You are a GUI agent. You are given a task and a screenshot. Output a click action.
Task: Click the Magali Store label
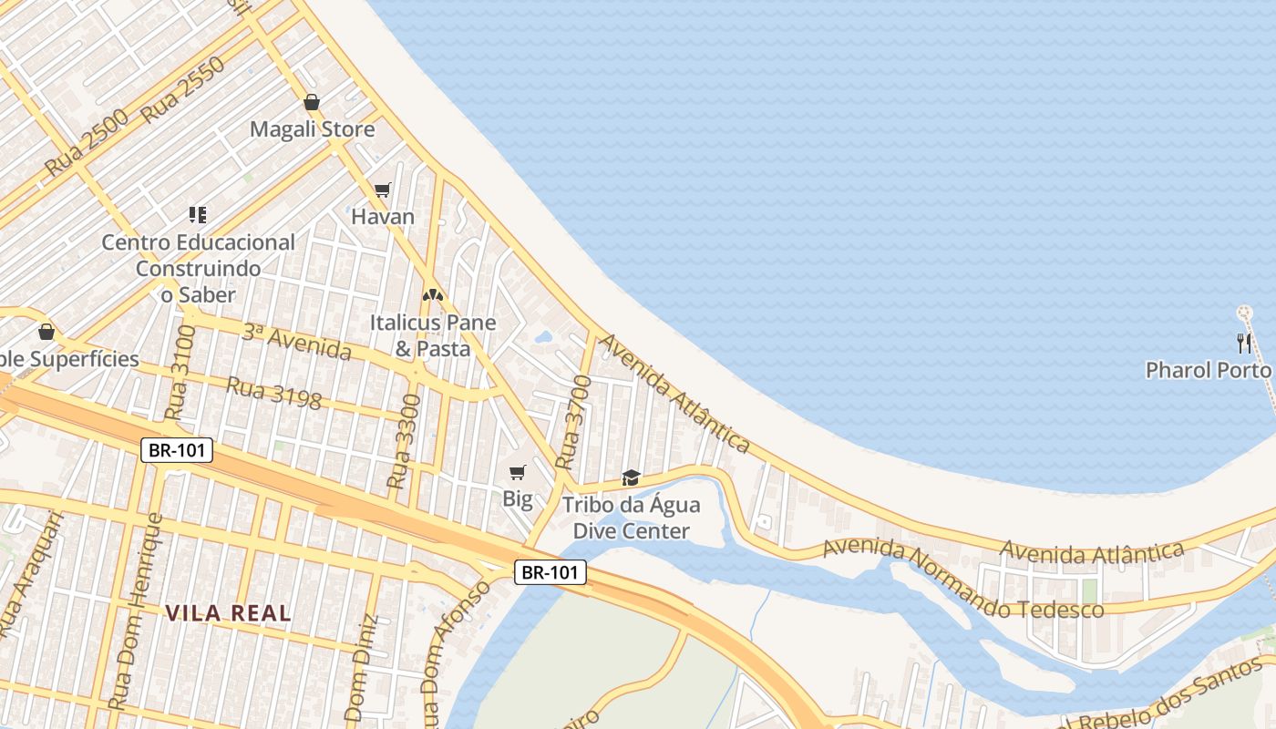pyautogui.click(x=312, y=129)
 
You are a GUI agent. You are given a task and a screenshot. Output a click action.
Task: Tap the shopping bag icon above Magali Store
pyautogui.click(x=312, y=102)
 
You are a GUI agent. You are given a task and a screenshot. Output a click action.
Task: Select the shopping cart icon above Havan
pyautogui.click(x=383, y=190)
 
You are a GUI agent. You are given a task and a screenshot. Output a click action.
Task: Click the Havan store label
pyautogui.click(x=383, y=217)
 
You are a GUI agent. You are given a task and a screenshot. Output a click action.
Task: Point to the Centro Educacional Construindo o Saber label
pyautogui.click(x=198, y=269)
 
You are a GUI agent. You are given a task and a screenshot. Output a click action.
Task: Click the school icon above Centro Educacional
pyautogui.click(x=198, y=215)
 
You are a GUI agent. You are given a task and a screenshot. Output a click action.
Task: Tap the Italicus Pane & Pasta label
pyautogui.click(x=433, y=335)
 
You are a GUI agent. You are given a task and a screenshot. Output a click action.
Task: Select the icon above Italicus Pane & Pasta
pyautogui.click(x=433, y=295)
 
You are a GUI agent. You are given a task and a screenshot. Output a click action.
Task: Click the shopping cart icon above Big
pyautogui.click(x=518, y=472)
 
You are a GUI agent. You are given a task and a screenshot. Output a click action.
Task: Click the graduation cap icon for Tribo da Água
pyautogui.click(x=631, y=477)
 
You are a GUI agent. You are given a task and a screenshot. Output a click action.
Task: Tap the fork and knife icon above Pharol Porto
pyautogui.click(x=1244, y=343)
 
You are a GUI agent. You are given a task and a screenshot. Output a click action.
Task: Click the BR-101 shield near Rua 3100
pyautogui.click(x=177, y=449)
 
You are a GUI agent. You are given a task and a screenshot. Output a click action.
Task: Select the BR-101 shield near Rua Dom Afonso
pyautogui.click(x=550, y=572)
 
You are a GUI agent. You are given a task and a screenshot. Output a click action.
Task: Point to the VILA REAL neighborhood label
pyautogui.click(x=229, y=613)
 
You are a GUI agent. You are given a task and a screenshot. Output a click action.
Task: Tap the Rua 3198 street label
pyautogui.click(x=273, y=393)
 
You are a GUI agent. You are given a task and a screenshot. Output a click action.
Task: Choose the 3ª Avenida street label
pyautogui.click(x=296, y=341)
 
